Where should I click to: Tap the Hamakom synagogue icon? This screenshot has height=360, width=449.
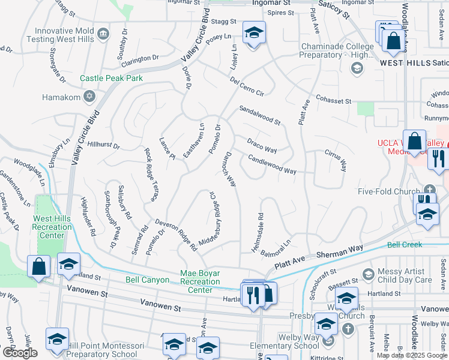pos(89,97)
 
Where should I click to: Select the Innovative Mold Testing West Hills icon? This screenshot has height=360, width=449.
pos(103,32)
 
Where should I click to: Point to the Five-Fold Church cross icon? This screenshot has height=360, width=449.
pos(429,188)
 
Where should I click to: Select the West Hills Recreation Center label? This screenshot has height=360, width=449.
pos(52,227)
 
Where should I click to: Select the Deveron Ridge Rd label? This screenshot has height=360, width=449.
pos(176,235)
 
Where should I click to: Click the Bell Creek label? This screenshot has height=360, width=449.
pos(404,245)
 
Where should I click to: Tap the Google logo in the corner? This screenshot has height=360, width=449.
pos(20,353)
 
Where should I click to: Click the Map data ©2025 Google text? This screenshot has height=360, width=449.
pos(411,355)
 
